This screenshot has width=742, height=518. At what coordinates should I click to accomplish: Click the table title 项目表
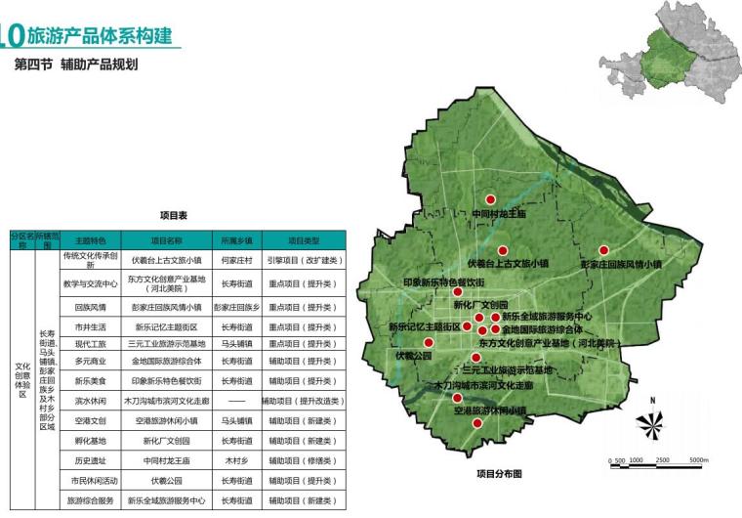(173, 214)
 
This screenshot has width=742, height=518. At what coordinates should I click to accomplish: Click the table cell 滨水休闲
(90, 401)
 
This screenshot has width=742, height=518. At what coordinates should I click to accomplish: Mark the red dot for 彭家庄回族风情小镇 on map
(604, 250)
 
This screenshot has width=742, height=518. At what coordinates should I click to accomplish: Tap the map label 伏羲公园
(413, 356)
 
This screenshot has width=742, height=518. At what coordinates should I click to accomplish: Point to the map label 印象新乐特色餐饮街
(443, 281)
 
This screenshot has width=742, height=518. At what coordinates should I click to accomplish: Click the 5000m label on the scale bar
(698, 460)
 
